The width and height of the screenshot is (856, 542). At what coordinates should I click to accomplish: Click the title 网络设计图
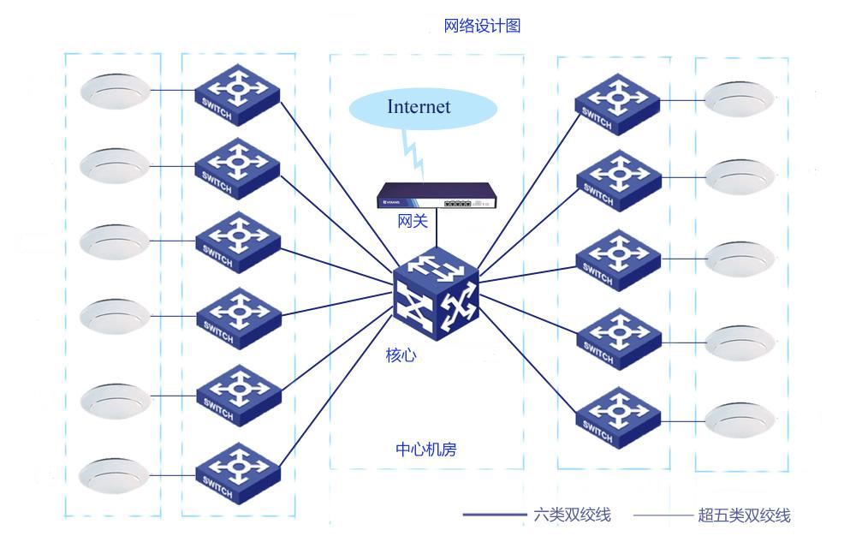tap(482, 26)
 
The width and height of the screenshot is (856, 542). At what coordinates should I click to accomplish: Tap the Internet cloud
tap(423, 108)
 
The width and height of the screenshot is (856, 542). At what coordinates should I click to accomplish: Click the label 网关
tap(413, 222)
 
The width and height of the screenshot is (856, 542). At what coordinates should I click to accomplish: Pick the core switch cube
tap(435, 295)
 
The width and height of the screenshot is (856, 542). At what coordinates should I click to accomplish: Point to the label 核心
tap(401, 354)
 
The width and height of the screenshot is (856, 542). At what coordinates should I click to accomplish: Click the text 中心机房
tap(425, 449)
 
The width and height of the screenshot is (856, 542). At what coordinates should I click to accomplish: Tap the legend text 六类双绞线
tap(571, 515)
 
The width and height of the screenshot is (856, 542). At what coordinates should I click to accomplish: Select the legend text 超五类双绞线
tap(743, 515)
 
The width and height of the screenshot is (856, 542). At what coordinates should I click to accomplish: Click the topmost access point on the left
tap(115, 91)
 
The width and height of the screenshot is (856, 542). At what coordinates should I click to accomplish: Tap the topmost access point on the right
tap(739, 98)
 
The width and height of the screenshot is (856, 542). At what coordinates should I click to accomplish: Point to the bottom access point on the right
tap(739, 419)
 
